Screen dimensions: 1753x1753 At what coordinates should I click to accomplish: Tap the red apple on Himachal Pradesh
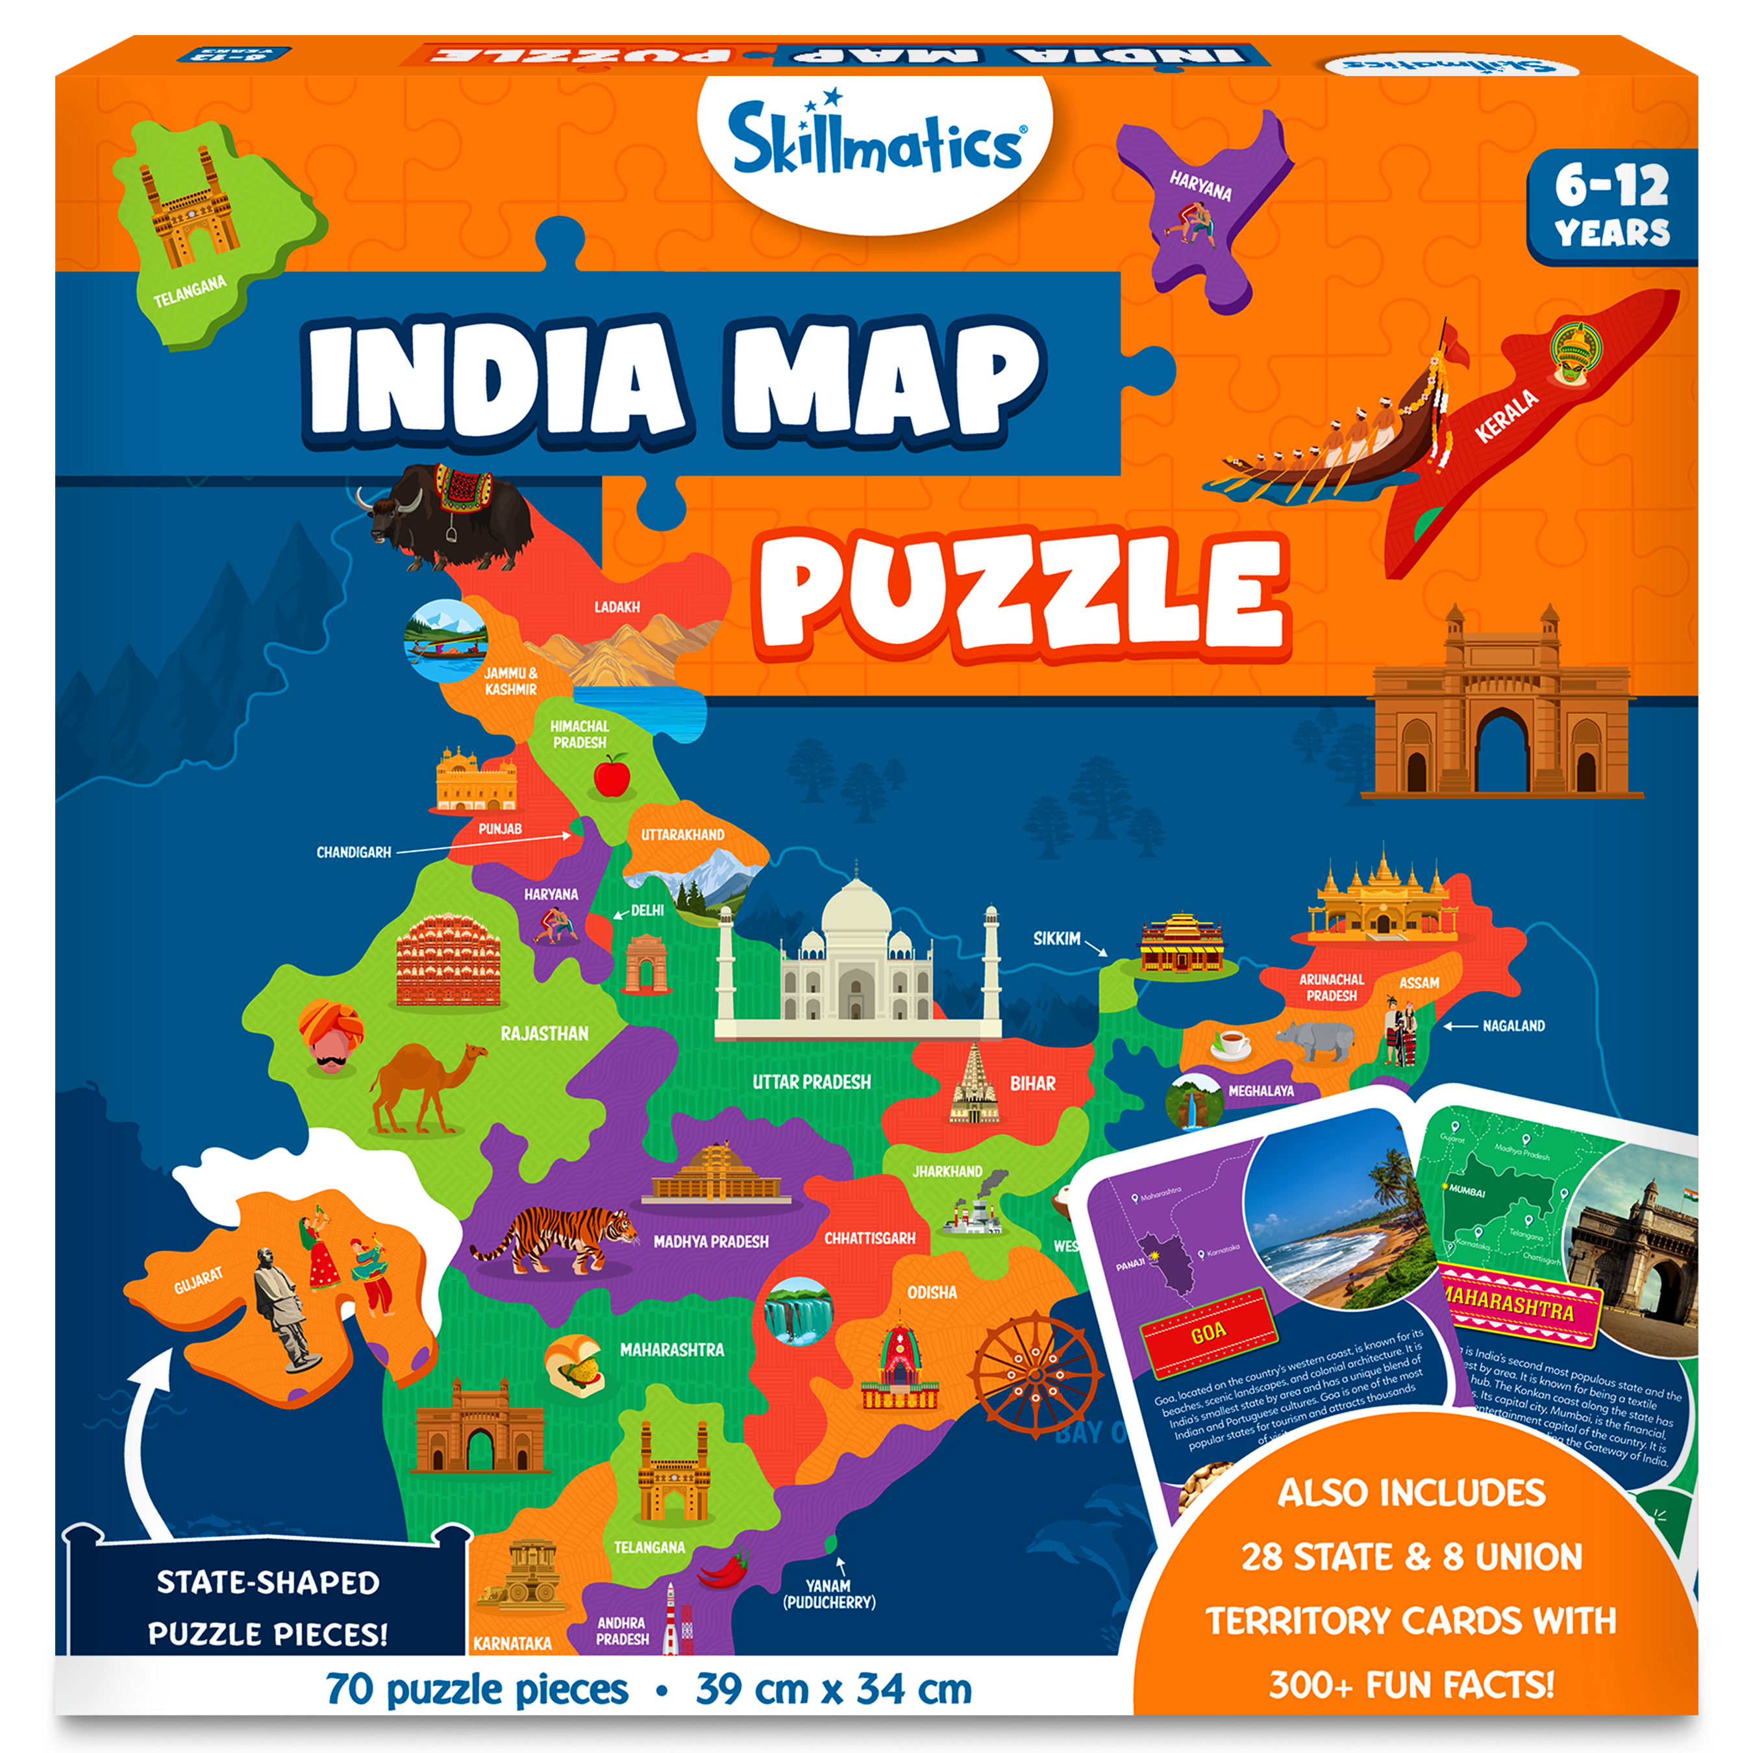(612, 776)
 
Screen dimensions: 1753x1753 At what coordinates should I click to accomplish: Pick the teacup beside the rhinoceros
(1231, 1043)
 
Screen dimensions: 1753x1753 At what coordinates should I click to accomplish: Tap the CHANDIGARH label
(353, 852)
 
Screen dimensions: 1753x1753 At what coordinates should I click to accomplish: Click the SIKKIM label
(1056, 938)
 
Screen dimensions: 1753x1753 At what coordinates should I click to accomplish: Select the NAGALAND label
(1513, 1025)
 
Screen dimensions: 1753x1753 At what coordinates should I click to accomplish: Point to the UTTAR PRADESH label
(810, 1082)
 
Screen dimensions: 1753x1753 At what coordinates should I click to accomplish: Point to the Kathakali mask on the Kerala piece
(1575, 354)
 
